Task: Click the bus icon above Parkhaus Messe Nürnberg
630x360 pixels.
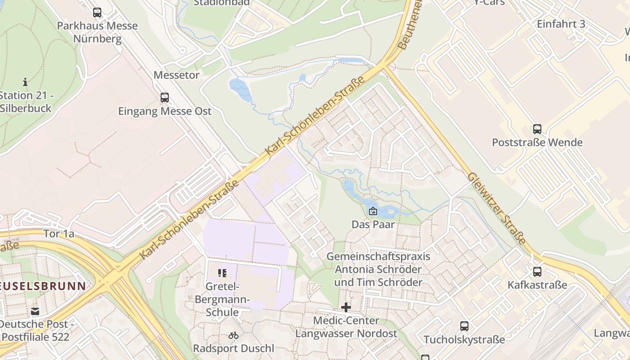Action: [x=97, y=13]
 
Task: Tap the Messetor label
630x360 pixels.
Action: [x=176, y=75]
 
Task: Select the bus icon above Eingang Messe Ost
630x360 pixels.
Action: [x=165, y=98]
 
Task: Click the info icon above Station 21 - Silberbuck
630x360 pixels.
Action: [x=25, y=82]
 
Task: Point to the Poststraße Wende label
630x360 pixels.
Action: [x=537, y=143]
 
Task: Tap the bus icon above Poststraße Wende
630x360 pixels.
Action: [x=537, y=129]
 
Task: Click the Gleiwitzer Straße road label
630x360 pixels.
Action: [x=497, y=209]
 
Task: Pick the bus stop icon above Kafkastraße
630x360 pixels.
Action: [x=537, y=272]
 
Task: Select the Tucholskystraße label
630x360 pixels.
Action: [x=464, y=340]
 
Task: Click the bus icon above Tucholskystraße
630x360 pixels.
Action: [x=464, y=326]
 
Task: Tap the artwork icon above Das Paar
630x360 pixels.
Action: [x=373, y=211]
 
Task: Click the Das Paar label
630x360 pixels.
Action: [x=373, y=224]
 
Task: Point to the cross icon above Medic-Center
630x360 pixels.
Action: [x=346, y=307]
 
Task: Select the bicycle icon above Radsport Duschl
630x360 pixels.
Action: [x=233, y=335]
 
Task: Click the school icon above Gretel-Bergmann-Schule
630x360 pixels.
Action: [x=222, y=273]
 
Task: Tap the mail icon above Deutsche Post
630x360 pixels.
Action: [x=35, y=311]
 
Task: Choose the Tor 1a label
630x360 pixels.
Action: [x=59, y=234]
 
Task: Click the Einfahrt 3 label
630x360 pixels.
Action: [x=561, y=24]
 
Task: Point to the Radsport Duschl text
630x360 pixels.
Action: [x=233, y=348]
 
